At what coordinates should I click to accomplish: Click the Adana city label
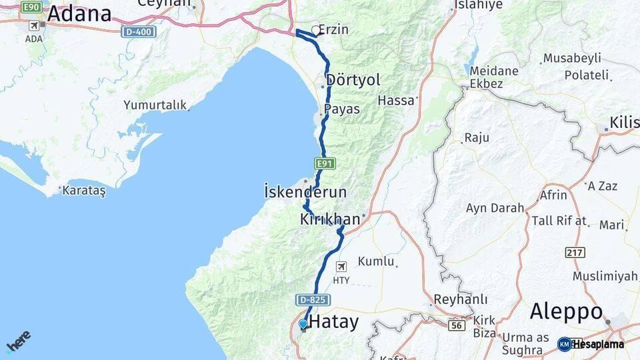[x=79, y=13]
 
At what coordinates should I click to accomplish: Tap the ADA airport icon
[x=34, y=26]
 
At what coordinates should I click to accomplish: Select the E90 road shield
[x=31, y=7]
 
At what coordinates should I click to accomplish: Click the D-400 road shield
[x=139, y=31]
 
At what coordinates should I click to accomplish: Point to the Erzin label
[x=333, y=30]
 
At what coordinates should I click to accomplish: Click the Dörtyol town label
[x=353, y=80]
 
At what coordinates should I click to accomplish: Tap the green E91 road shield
[x=324, y=163]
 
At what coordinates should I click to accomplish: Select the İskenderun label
[x=305, y=192]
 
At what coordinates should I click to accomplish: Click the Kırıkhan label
[x=330, y=219]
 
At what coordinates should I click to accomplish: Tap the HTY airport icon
[x=341, y=267]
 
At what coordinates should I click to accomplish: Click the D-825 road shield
[x=313, y=301]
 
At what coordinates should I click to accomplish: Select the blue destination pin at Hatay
[x=303, y=324]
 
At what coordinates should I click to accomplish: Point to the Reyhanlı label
[x=460, y=299]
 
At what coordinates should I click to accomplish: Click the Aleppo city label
[x=566, y=312]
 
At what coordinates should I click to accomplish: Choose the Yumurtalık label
[x=155, y=105]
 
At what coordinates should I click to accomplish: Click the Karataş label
[x=83, y=191]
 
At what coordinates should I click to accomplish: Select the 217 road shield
[x=575, y=252]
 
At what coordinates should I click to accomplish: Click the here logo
[x=18, y=341]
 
